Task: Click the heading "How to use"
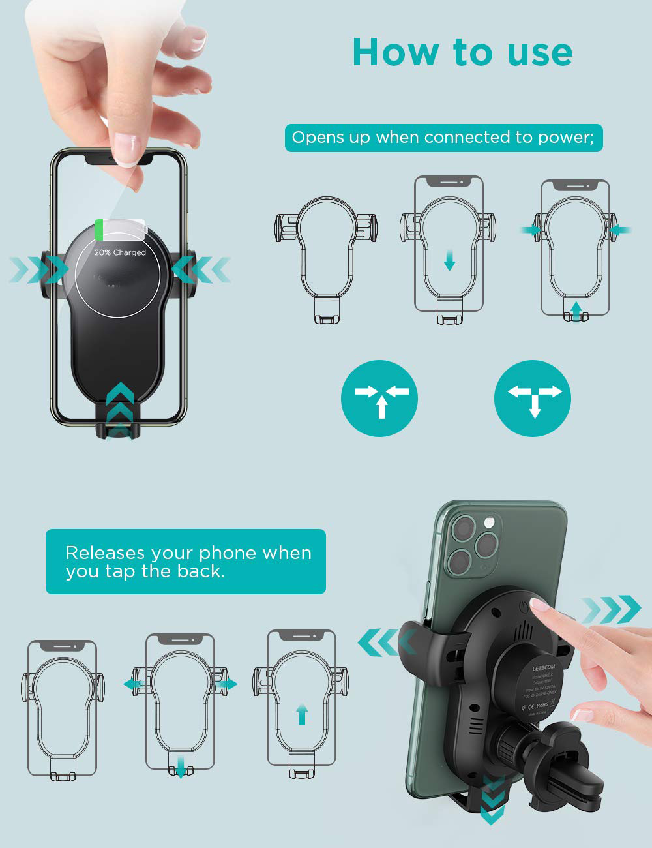click(x=462, y=52)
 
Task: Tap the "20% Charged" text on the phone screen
click(x=120, y=252)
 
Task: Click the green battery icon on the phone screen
click(x=99, y=230)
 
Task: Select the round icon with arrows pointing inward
click(x=379, y=399)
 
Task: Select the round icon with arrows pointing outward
click(x=533, y=399)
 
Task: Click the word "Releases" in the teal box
click(x=105, y=553)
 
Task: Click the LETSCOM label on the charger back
click(x=542, y=668)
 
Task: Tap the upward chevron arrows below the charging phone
click(x=120, y=408)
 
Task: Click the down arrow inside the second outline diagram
click(x=449, y=262)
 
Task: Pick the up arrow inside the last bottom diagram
click(x=301, y=714)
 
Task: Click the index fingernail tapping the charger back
click(x=539, y=605)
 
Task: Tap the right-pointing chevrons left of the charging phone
click(x=39, y=269)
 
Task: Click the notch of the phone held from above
click(x=119, y=157)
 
